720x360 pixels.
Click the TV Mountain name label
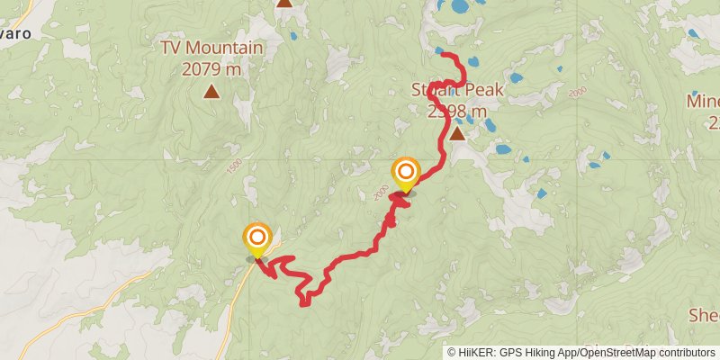point(212,48)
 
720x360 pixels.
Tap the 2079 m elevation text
point(212,67)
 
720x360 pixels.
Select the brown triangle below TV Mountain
point(211,91)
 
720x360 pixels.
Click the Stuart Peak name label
point(457,90)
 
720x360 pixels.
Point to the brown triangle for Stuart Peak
point(457,135)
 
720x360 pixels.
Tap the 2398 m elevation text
point(457,112)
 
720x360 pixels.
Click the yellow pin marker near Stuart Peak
point(406,172)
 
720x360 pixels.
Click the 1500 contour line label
point(236,166)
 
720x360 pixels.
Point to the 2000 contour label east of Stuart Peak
point(577,93)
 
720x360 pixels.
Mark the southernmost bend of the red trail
point(304,302)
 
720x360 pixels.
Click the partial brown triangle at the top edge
point(284,3)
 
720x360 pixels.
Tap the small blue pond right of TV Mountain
point(292,37)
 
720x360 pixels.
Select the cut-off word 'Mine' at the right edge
point(704,100)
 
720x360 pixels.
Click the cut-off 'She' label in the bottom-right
point(704,315)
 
